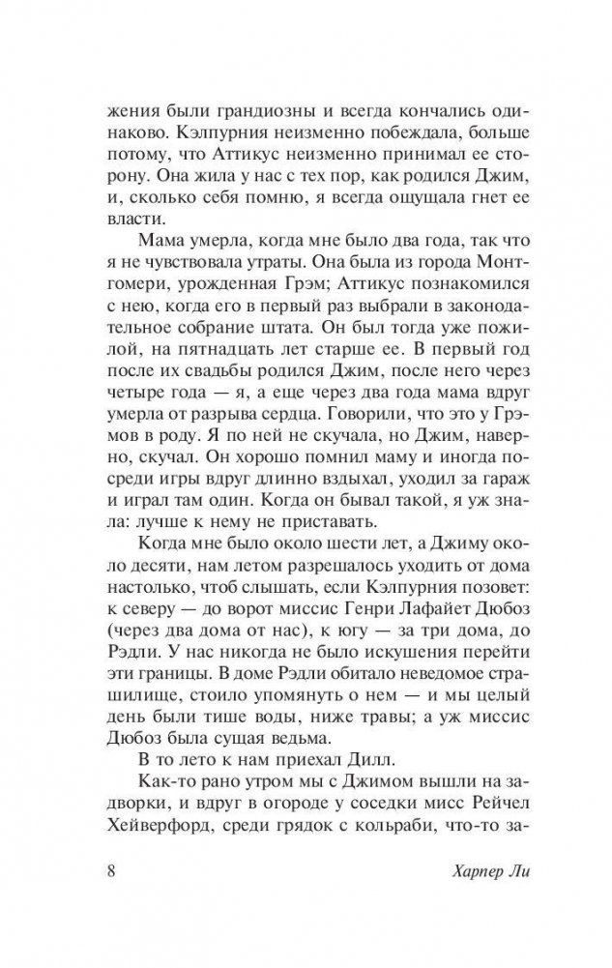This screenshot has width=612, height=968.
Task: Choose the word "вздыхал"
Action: pyautogui.click(x=344, y=483)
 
